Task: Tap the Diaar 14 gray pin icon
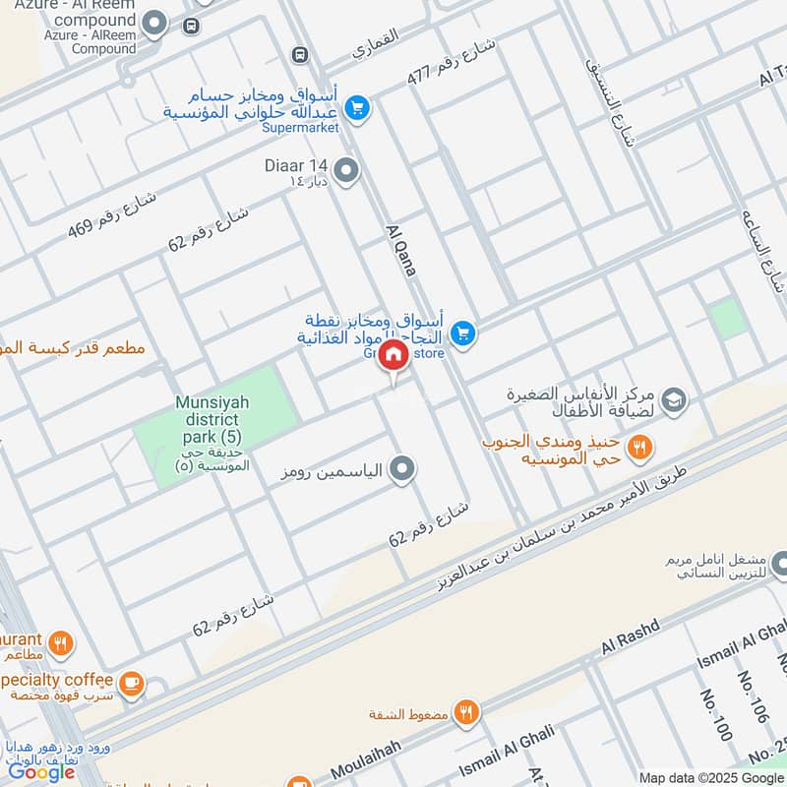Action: (345, 171)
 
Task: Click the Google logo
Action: (41, 772)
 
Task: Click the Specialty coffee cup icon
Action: (129, 681)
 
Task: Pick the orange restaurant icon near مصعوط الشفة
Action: (465, 712)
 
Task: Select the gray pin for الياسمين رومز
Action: (400, 470)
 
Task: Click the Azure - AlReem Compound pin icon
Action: (154, 23)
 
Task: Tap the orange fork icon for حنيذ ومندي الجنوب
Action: (640, 449)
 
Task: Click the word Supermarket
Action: (300, 128)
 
